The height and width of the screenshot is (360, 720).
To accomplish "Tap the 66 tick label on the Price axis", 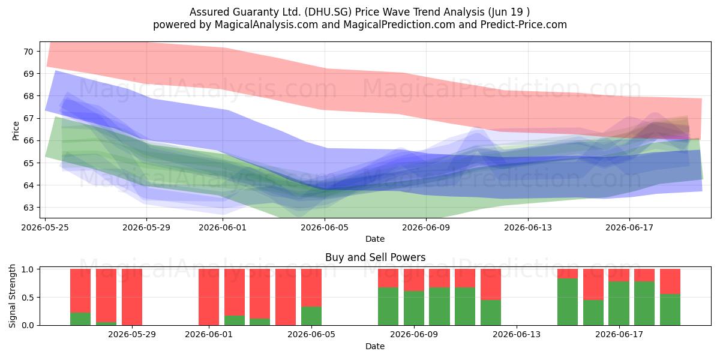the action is point(28,140).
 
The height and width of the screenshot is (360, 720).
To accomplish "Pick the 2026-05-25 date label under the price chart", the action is point(45,227).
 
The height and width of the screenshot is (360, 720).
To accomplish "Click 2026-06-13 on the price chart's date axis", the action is point(528,227).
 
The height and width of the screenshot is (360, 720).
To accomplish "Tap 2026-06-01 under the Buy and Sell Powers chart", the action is point(209,334).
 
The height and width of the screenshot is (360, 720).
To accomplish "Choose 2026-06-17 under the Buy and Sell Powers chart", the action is point(619,334).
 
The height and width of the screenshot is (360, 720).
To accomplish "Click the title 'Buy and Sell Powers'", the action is point(375,257).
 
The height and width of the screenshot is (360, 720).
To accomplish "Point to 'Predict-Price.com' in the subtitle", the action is point(524,25).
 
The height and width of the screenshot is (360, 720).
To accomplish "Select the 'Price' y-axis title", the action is point(16,131).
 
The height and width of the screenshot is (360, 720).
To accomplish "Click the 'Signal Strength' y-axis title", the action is point(12,296).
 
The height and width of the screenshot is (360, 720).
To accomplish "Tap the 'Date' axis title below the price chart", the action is point(375,239).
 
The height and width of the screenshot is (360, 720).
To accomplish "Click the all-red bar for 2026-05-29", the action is point(132,297).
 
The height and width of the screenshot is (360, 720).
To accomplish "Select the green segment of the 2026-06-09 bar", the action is point(414,308).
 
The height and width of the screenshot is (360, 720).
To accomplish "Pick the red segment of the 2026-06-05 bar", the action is point(311,287).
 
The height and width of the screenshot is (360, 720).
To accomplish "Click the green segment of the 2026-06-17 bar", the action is point(619,303).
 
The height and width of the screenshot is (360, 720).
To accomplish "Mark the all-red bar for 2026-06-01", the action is point(209,297).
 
